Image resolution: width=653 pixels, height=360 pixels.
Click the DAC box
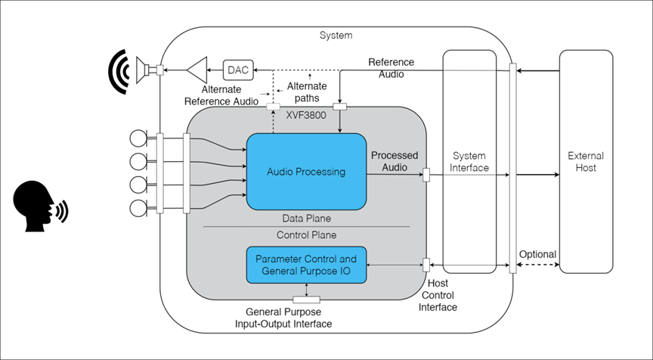coord(237,70)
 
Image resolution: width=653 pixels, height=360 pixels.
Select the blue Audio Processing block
coord(306,171)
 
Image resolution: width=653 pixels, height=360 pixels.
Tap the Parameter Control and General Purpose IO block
coord(306,265)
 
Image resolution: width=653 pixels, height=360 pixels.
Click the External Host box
coord(585,161)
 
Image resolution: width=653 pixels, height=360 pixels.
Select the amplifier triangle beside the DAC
coord(198,70)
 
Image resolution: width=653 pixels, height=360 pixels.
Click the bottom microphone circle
coord(138,207)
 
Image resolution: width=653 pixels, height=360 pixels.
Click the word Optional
coord(537,254)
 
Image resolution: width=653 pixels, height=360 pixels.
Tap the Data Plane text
coord(305,217)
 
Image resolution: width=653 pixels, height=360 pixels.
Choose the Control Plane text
coord(306,234)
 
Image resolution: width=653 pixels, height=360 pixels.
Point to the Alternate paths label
coord(307,92)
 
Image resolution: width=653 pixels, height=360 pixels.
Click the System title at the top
coord(336,35)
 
